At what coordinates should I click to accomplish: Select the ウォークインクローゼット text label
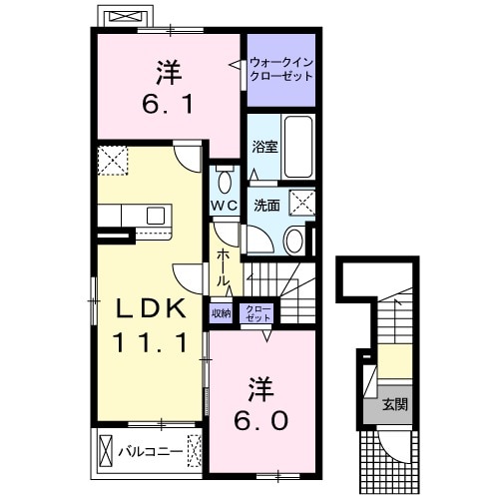[x=281, y=70]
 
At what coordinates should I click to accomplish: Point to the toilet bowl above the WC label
[x=224, y=182]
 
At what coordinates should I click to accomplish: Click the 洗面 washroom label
[x=265, y=207]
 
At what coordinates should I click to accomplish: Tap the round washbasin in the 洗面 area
[x=294, y=240]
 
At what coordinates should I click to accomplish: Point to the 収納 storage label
[x=220, y=312]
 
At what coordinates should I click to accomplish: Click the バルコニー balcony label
[x=150, y=451]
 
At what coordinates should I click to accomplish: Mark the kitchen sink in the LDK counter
[x=157, y=215]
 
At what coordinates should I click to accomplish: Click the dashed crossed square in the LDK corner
[x=112, y=160]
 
